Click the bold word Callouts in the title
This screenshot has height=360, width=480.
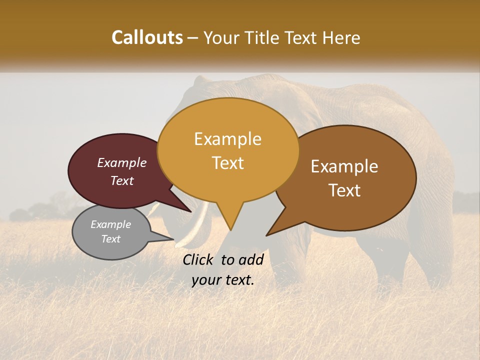tap(147, 37)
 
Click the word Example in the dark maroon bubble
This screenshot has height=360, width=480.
tap(122, 162)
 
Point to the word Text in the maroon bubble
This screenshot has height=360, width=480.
tap(122, 180)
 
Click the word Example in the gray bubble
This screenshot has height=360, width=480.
tap(110, 224)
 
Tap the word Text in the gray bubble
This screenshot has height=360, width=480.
tap(110, 239)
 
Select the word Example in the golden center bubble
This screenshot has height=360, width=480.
tap(228, 139)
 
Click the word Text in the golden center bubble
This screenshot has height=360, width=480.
tap(228, 162)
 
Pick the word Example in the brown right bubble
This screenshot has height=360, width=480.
tap(344, 166)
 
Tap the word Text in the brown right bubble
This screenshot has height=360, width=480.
tap(344, 190)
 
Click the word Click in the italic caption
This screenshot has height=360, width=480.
tap(200, 259)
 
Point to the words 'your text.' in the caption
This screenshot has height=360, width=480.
tap(223, 280)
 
